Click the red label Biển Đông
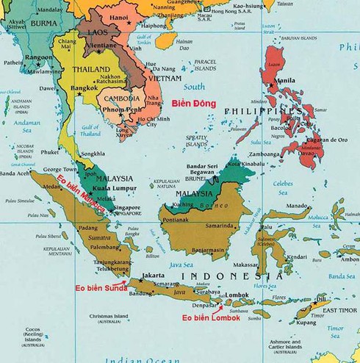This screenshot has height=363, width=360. (x=193, y=104)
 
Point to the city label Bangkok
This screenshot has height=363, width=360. (x=84, y=88)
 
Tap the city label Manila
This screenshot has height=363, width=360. (x=284, y=81)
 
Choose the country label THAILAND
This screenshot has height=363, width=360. (x=91, y=69)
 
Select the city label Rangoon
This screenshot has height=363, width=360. (x=39, y=57)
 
